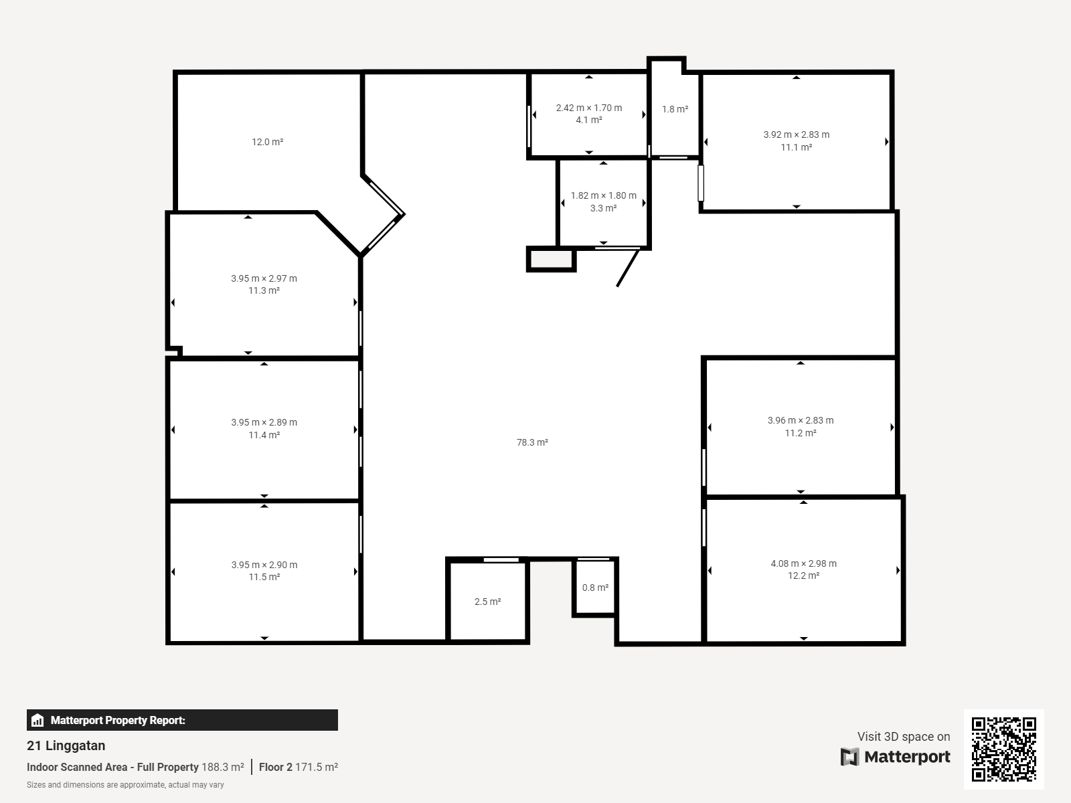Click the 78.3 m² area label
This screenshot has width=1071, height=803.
point(532,442)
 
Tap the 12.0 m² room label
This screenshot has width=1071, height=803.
point(267,142)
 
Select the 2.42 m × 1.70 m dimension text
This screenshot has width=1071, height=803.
point(589,108)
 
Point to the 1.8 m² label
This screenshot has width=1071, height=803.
point(675,109)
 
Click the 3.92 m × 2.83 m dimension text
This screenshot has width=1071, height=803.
point(797,135)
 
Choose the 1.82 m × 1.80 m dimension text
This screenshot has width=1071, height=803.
point(604,195)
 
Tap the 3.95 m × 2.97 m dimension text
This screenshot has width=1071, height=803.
point(264,278)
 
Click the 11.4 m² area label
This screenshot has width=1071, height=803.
point(264,435)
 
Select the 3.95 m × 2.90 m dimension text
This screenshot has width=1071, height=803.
point(264,565)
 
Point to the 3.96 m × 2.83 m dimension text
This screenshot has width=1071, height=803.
point(801,420)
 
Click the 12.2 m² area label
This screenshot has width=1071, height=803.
point(804,575)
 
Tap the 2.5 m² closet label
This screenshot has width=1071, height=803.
point(487,602)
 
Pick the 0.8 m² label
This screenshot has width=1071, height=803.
point(595,588)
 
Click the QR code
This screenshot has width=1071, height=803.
point(1003,749)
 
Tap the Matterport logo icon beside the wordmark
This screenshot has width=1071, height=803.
point(849,757)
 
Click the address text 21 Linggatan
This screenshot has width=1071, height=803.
point(66,745)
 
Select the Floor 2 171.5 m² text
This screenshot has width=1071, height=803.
point(298,767)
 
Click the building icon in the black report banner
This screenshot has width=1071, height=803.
point(37,720)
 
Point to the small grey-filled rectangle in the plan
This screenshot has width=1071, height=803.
point(552,259)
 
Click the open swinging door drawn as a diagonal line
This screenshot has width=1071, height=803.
point(628,268)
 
